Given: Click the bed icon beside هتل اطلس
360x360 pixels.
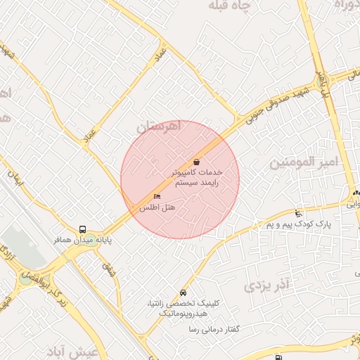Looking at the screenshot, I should click(x=157, y=196).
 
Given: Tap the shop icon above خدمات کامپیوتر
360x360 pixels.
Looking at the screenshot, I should click(x=195, y=161).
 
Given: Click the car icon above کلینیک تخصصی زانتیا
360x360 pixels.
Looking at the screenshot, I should click(x=184, y=292).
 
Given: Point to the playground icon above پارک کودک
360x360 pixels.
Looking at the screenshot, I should click(x=299, y=213).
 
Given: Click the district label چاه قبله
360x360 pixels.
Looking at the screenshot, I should click(x=239, y=6).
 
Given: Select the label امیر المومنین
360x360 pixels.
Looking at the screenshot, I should click(x=304, y=162).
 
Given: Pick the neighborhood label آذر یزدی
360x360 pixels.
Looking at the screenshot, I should click(x=266, y=285).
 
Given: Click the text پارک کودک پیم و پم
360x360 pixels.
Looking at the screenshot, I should click(x=297, y=224).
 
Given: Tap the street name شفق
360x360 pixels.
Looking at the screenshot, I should click(x=108, y=269).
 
